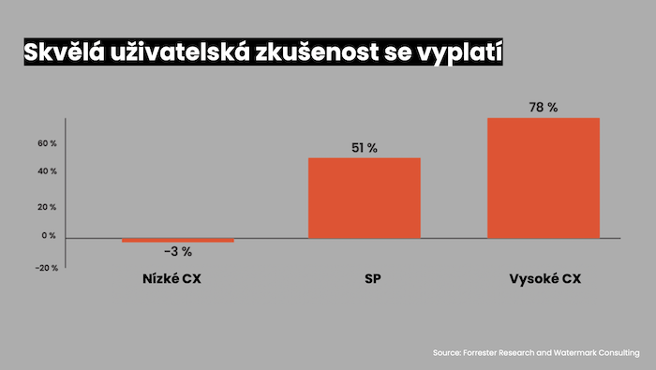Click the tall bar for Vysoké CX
[x=543, y=178]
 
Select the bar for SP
[x=365, y=198]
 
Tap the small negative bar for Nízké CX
[x=177, y=241]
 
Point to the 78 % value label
[x=543, y=108]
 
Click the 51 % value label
[x=365, y=148]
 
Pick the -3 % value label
[x=177, y=251]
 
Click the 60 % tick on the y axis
[x=48, y=143]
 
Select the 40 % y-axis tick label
[x=48, y=171]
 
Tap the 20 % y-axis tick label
[x=48, y=206]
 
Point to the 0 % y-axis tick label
[x=49, y=236]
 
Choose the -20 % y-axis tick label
[x=47, y=267]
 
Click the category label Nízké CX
[x=177, y=280]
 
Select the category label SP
[x=365, y=280]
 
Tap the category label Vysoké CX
[x=543, y=280]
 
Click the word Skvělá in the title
[x=62, y=52]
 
